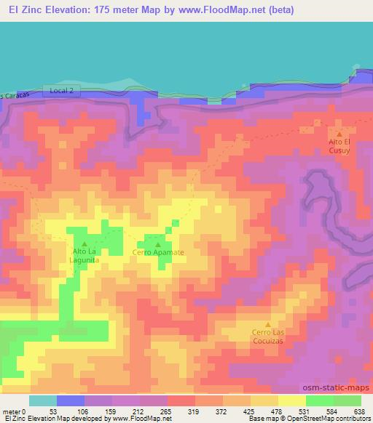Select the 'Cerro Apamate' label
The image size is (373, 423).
(158, 253)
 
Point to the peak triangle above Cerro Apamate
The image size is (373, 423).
(158, 244)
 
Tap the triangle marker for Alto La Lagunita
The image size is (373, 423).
(85, 243)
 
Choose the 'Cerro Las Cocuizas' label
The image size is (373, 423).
(267, 337)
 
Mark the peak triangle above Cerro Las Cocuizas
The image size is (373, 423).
(267, 324)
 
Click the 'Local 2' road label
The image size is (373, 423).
(63, 89)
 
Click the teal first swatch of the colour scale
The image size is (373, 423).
(43, 400)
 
